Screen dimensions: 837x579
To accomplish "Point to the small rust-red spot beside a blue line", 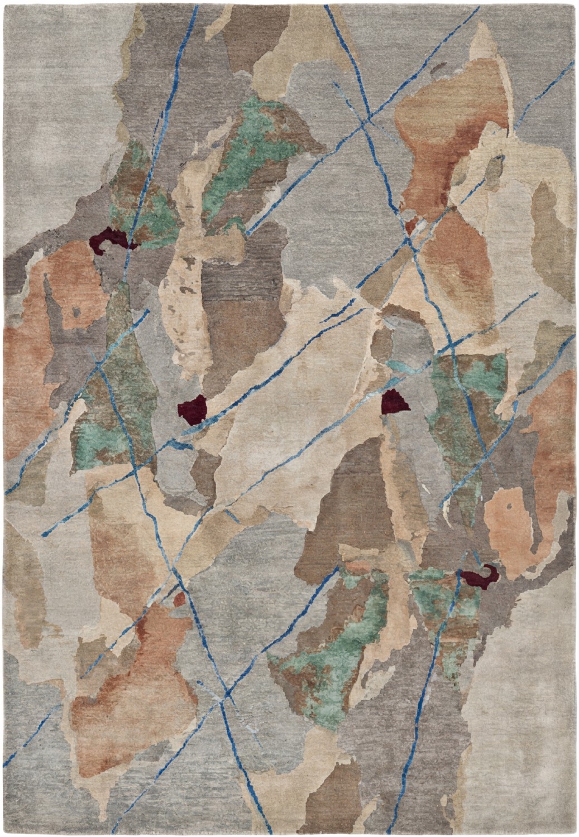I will (x=179, y=599).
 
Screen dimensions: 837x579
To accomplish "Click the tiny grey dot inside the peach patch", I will (x=509, y=507).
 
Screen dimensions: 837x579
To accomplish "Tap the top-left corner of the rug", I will (x=4, y=4).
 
